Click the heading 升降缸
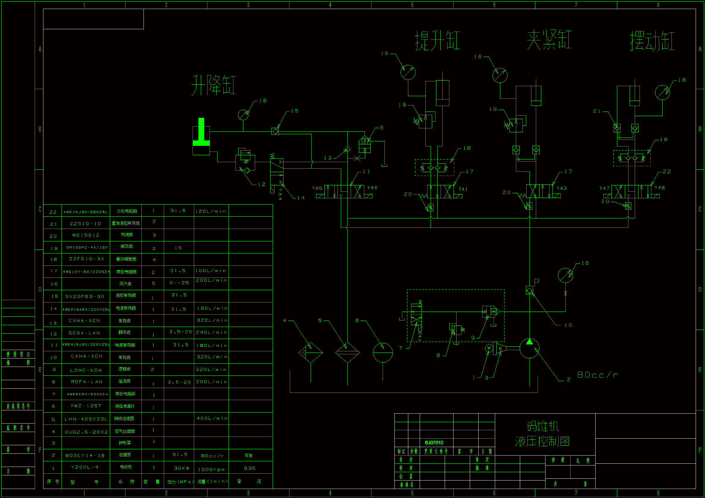pyautogui.click(x=214, y=85)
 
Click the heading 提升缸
pyautogui.click(x=438, y=40)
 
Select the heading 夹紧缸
pyautogui.click(x=549, y=40)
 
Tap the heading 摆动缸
pyautogui.click(x=653, y=40)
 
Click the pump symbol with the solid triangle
pyautogui.click(x=530, y=348)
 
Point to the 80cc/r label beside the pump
pyautogui.click(x=598, y=375)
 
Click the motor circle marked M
pyautogui.click(x=489, y=348)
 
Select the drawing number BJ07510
pyautogui.click(x=434, y=443)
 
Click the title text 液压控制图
pyautogui.click(x=542, y=441)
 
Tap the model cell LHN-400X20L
pyautogui.click(x=86, y=419)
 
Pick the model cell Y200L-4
pyautogui.click(x=85, y=467)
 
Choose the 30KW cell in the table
pyautogui.click(x=182, y=468)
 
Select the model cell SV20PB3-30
pyautogui.click(x=85, y=296)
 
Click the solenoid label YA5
pyautogui.click(x=317, y=188)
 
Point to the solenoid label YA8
pyautogui.click(x=659, y=187)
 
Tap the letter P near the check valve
pyautogui.click(x=537, y=281)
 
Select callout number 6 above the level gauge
pyautogui.click(x=357, y=320)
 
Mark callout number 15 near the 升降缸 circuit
pyautogui.click(x=295, y=111)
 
